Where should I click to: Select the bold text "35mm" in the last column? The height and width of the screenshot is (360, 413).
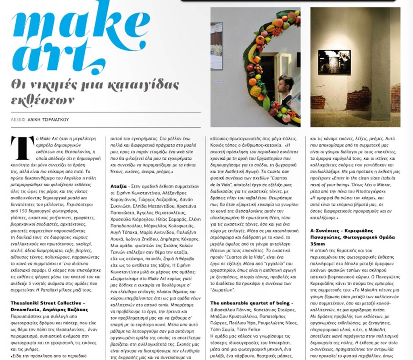(x=318, y=244)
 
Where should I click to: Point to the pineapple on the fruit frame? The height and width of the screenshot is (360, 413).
(x=255, y=91)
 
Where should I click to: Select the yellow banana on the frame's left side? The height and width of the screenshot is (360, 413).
(x=252, y=52)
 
